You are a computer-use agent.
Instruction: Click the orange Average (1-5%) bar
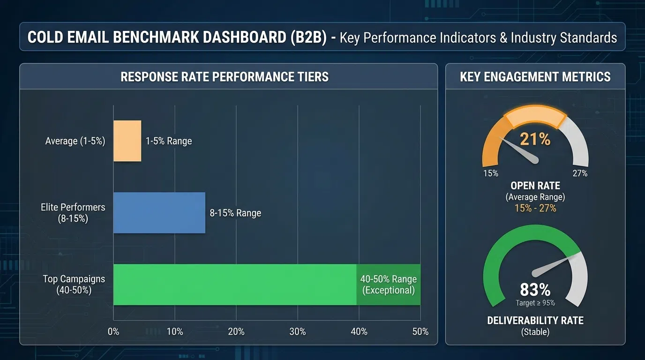point(127,141)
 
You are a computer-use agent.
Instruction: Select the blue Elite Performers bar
point(159,212)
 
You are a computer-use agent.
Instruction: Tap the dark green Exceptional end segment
point(388,285)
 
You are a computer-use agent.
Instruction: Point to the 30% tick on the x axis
point(298,331)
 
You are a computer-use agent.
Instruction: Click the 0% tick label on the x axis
point(113,331)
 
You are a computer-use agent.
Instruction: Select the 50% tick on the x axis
point(420,331)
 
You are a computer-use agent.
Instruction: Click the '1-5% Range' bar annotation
point(169,141)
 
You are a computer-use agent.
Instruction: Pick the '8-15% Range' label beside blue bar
point(235,213)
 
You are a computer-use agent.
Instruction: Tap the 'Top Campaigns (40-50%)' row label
point(74,284)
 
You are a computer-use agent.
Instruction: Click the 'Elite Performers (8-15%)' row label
point(73,212)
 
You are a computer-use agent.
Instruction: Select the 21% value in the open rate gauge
point(535,139)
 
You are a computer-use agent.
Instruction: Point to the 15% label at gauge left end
point(490,173)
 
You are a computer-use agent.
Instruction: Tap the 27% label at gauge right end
point(580,173)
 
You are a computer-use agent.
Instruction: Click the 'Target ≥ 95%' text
point(535,303)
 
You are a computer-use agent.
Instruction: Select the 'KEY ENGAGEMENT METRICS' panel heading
point(535,77)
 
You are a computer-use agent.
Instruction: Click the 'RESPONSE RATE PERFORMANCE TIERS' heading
point(225,77)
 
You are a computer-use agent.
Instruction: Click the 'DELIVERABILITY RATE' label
point(535,321)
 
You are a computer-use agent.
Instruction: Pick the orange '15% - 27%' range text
point(535,208)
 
